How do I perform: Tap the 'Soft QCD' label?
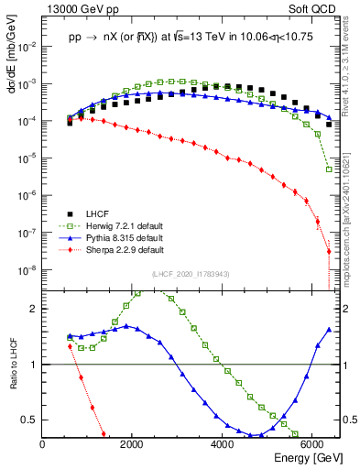pyautogui.click(x=316, y=8)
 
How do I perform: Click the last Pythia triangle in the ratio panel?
pyautogui.click(x=329, y=329)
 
